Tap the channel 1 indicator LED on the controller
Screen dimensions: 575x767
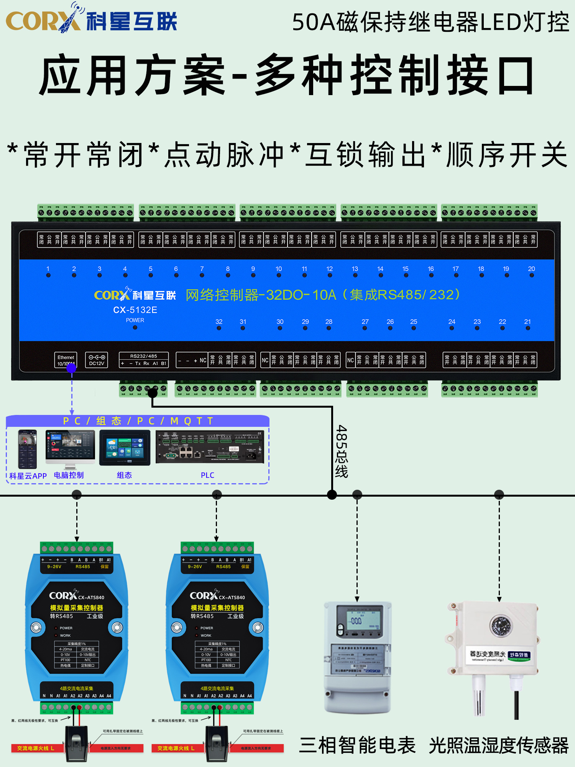tap(48, 275)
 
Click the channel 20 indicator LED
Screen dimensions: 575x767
tap(532, 275)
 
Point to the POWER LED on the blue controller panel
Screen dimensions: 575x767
tap(135, 328)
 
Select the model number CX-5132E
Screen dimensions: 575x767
tap(135, 310)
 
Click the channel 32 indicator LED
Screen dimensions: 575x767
tap(219, 328)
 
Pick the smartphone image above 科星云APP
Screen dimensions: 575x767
tap(28, 449)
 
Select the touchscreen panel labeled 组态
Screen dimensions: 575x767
tap(125, 448)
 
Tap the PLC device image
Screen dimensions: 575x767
tap(210, 447)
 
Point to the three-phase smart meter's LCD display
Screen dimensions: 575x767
tap(358, 618)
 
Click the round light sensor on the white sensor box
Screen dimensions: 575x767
tap(500, 625)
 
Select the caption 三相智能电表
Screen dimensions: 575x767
tap(357, 746)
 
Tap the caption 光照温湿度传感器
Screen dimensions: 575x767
tap(499, 746)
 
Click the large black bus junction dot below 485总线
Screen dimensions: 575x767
tap(332, 495)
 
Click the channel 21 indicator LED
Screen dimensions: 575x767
tap(528, 328)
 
